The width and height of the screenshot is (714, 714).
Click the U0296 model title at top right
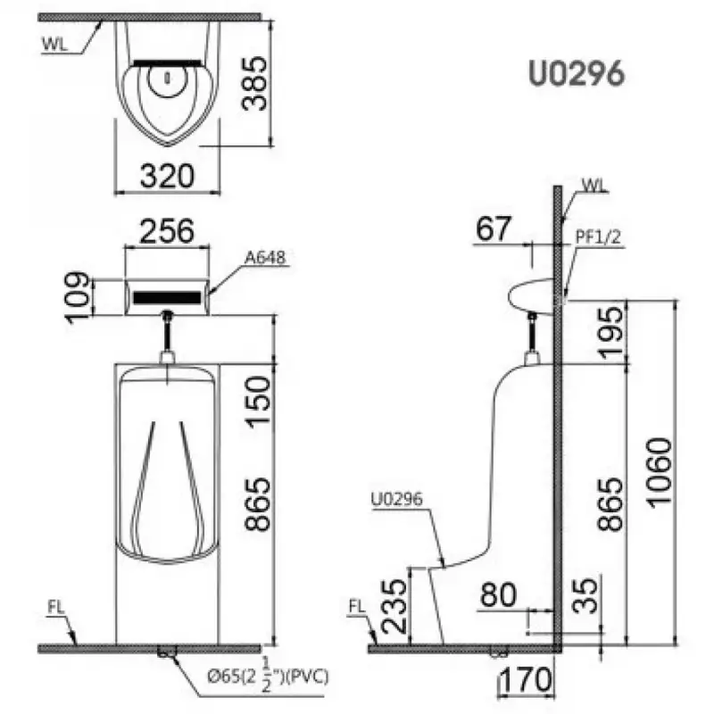[577, 74]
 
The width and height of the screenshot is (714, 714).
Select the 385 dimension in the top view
[254, 83]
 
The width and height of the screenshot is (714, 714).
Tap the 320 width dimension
[167, 176]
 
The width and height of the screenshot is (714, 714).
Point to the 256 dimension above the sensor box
[167, 231]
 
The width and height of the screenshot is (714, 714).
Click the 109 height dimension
[78, 297]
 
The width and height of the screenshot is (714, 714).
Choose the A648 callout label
[265, 258]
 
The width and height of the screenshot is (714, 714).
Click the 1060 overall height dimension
[659, 472]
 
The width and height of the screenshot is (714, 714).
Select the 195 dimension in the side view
[610, 332]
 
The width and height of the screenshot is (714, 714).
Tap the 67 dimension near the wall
[494, 228]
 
